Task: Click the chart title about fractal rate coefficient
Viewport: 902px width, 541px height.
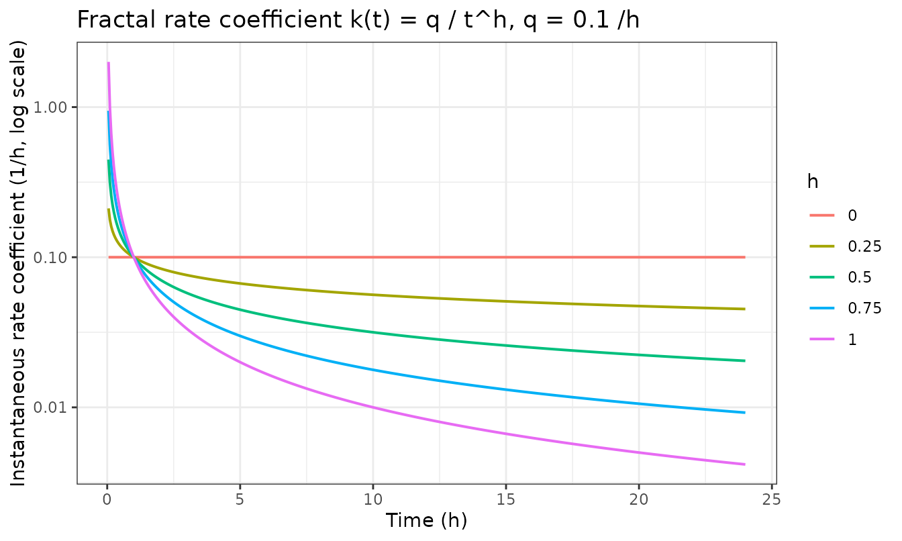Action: coord(358,19)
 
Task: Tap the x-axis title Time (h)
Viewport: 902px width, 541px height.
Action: coord(426,520)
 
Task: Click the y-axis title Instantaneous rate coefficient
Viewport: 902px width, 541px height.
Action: coord(17,263)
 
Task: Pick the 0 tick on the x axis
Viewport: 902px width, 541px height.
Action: coord(107,499)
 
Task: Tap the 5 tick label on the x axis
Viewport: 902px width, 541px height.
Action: coord(240,499)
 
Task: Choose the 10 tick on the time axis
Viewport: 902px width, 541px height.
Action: coord(373,499)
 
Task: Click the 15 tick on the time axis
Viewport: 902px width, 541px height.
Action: coord(506,499)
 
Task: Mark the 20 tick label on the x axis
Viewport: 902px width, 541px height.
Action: coord(639,499)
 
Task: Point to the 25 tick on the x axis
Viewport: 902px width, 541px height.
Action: coord(772,499)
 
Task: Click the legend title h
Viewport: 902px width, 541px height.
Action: coord(813,182)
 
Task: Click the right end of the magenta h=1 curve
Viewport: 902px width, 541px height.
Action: coord(745,464)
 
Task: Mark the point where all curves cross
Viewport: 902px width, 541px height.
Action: coord(134,257)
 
